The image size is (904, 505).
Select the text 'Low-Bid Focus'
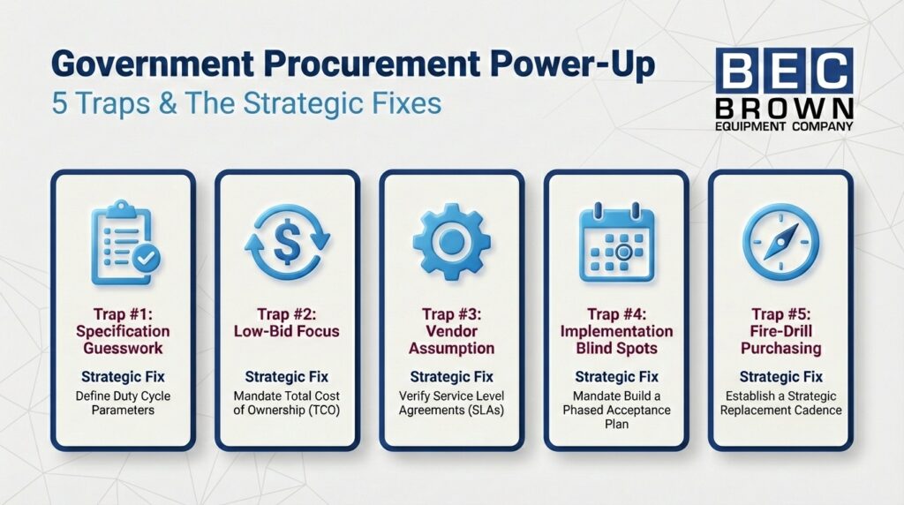tap(287, 331)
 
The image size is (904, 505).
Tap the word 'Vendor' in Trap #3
tap(451, 331)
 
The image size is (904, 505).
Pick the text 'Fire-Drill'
tap(780, 331)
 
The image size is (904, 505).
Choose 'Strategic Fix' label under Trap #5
tap(780, 377)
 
